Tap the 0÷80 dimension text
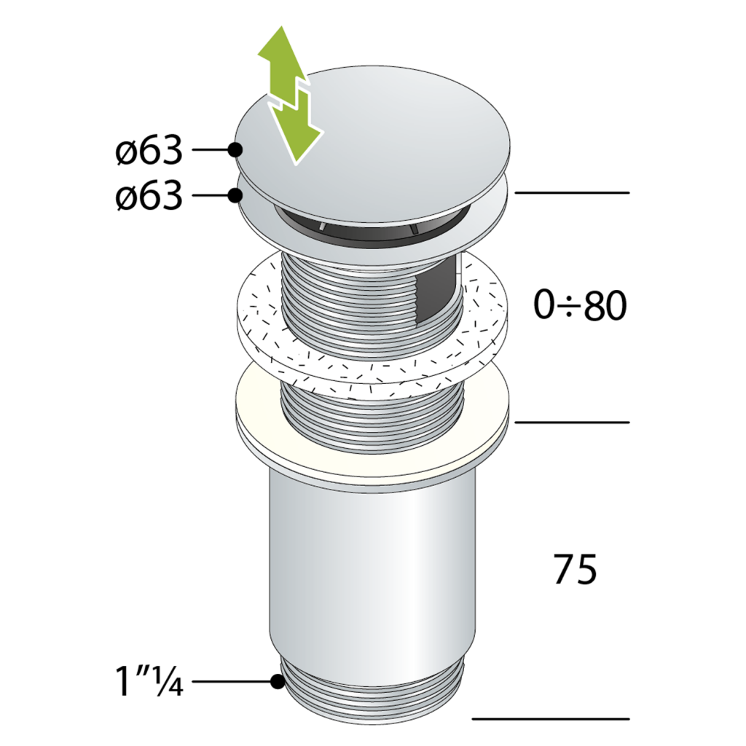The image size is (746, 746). tap(580, 307)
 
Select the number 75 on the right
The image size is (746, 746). tap(576, 569)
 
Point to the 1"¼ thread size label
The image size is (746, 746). tap(149, 683)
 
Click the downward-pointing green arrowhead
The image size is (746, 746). tap(299, 142)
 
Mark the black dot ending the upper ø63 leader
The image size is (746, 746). tap(235, 150)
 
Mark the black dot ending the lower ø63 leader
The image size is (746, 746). tap(235, 195)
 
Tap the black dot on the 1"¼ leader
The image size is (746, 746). tap(277, 682)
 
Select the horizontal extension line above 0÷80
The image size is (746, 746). tap(572, 192)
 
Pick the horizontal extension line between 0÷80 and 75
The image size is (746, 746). tap(572, 422)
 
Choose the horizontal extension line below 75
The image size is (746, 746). tap(551, 718)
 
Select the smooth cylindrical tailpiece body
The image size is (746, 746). tap(372, 568)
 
